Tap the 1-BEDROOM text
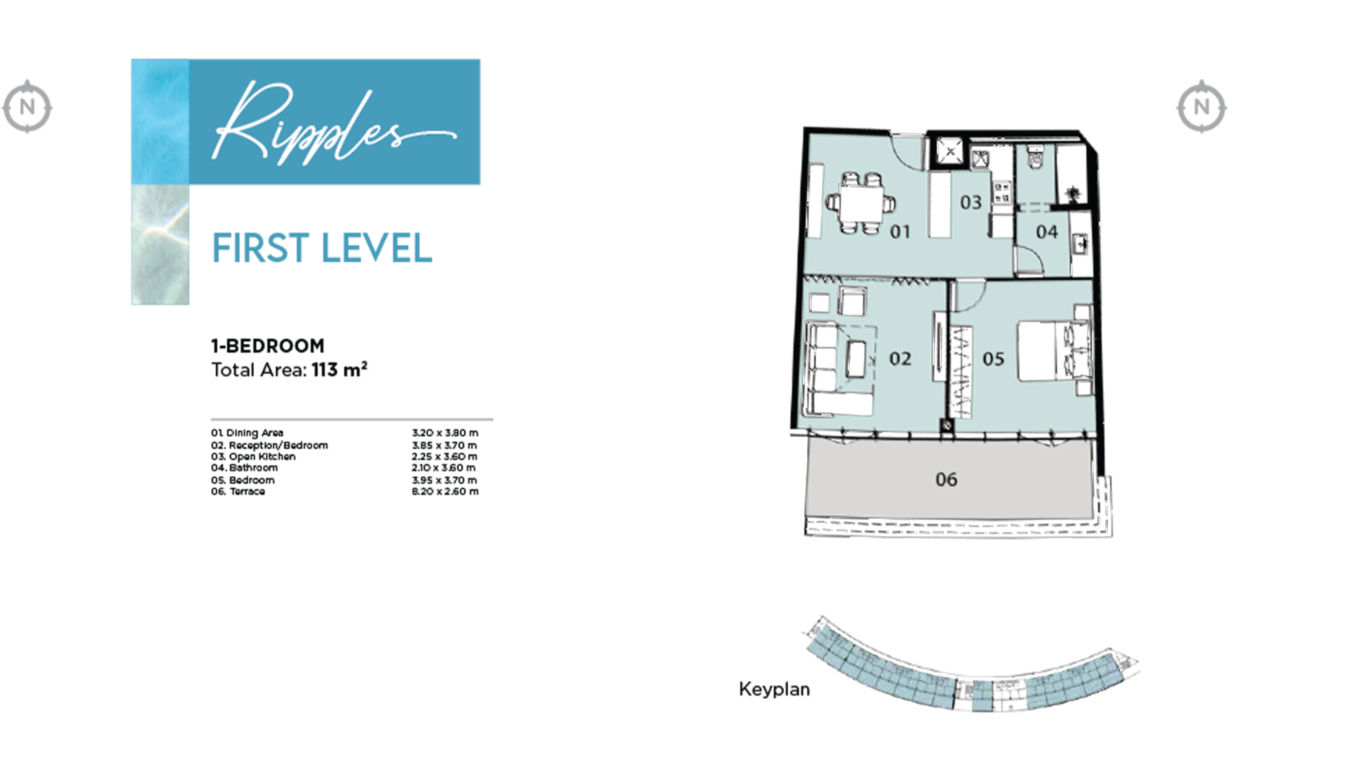(x=268, y=346)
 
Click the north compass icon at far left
(x=27, y=107)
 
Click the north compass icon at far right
(x=1201, y=107)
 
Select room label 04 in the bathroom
(x=1047, y=232)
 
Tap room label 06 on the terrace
(x=946, y=479)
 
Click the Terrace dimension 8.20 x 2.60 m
(x=445, y=491)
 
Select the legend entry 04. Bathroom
(x=244, y=468)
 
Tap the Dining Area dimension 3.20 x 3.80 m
(x=445, y=433)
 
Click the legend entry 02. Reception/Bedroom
(x=269, y=445)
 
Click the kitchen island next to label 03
(x=939, y=205)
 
